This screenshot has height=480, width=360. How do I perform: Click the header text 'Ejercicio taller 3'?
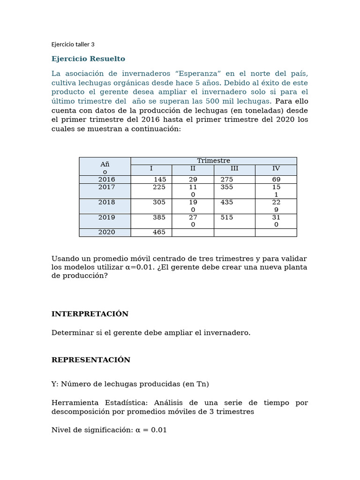73,45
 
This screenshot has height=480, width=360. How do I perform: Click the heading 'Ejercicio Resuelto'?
88,59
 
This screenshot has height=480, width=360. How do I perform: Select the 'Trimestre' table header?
213,161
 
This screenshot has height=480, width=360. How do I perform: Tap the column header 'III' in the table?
234,168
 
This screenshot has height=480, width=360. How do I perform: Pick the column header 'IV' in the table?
276,168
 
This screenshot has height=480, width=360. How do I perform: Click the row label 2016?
106,180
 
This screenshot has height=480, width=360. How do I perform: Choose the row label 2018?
106,202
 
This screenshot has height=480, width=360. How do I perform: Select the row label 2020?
106,232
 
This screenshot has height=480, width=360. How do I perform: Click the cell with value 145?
159,180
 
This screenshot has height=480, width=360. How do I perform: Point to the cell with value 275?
226,180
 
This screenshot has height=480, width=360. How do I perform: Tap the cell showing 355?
226,187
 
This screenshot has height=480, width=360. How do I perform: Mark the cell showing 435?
226,202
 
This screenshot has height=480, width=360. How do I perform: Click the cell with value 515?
226,217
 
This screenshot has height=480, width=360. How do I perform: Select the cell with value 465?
159,232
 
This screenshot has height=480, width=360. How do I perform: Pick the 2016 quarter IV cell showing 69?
276,180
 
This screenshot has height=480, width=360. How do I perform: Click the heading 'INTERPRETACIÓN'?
90,314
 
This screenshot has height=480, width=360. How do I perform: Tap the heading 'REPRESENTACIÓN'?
90,360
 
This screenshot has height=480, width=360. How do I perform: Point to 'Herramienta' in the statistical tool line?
75,403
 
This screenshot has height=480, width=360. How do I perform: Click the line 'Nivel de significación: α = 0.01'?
109,430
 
